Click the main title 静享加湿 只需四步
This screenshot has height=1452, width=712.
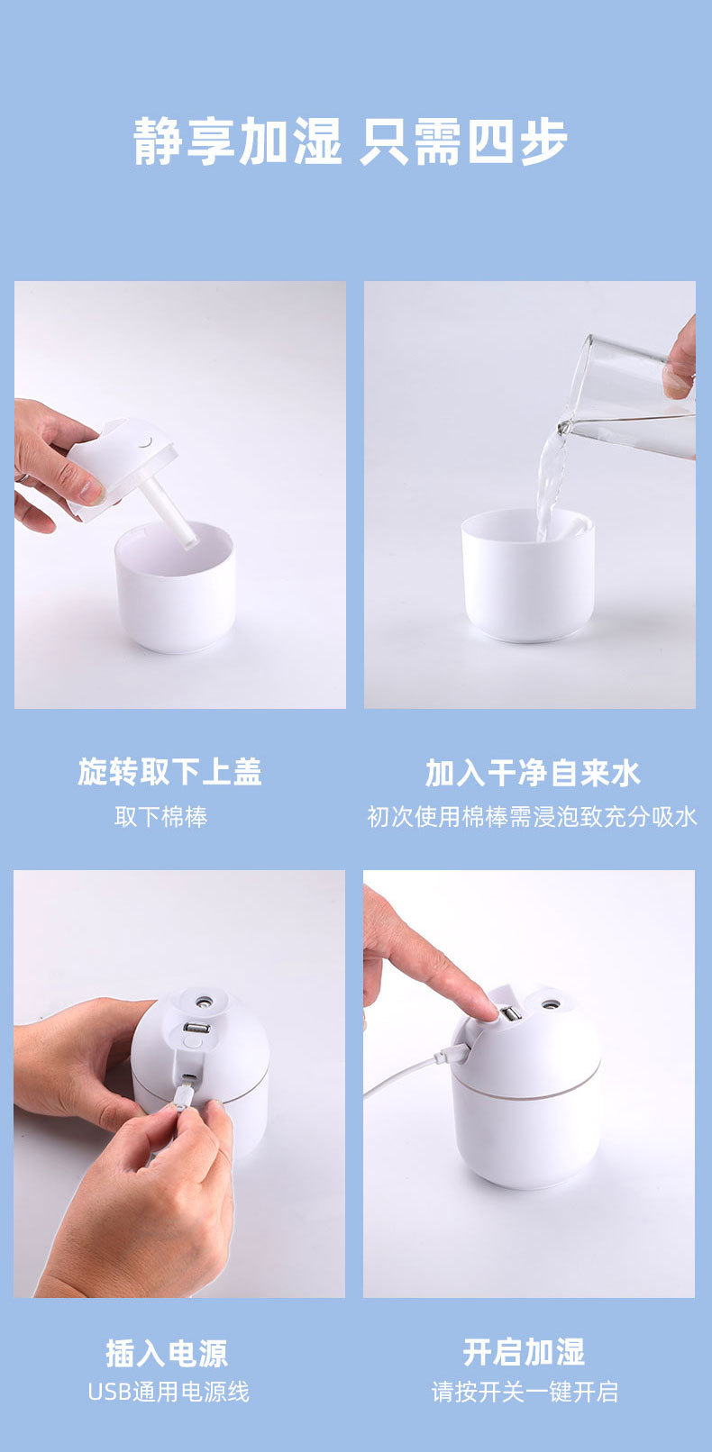(351, 141)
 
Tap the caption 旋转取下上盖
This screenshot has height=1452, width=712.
(169, 772)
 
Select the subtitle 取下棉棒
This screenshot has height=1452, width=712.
(160, 816)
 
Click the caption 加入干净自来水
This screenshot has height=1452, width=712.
(532, 773)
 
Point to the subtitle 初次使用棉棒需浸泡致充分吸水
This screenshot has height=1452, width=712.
(532, 816)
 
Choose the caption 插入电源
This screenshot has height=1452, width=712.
(167, 1353)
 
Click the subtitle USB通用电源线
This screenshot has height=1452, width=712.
(168, 1392)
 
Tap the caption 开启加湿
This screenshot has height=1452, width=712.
(524, 1352)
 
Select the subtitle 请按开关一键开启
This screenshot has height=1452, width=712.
(525, 1392)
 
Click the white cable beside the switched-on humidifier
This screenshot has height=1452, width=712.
(406, 1076)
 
